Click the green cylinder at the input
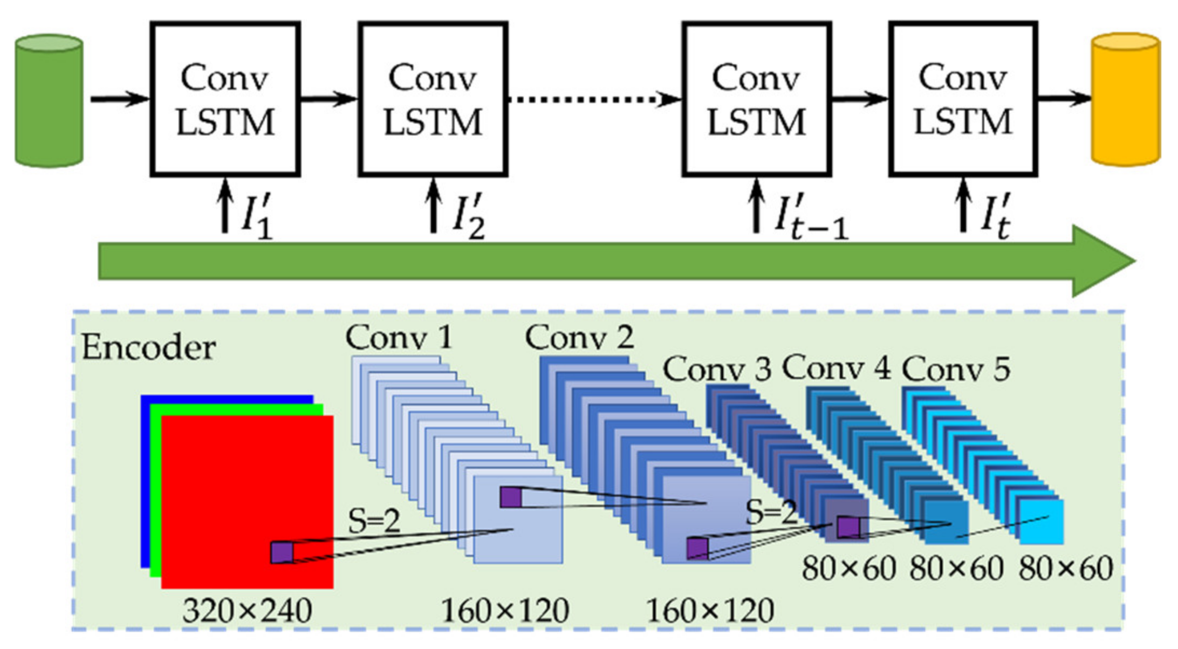pyautogui.click(x=49, y=100)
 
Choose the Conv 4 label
pyautogui.click(x=836, y=369)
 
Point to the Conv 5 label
pyautogui.click(x=956, y=370)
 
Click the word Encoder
pyautogui.click(x=148, y=348)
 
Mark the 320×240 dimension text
pyautogui.click(x=247, y=611)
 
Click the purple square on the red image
pyautogui.click(x=282, y=553)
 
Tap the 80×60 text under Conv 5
pyautogui.click(x=1066, y=569)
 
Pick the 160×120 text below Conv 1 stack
pyautogui.click(x=505, y=611)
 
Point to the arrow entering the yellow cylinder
pyautogui.click(x=1065, y=99)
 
